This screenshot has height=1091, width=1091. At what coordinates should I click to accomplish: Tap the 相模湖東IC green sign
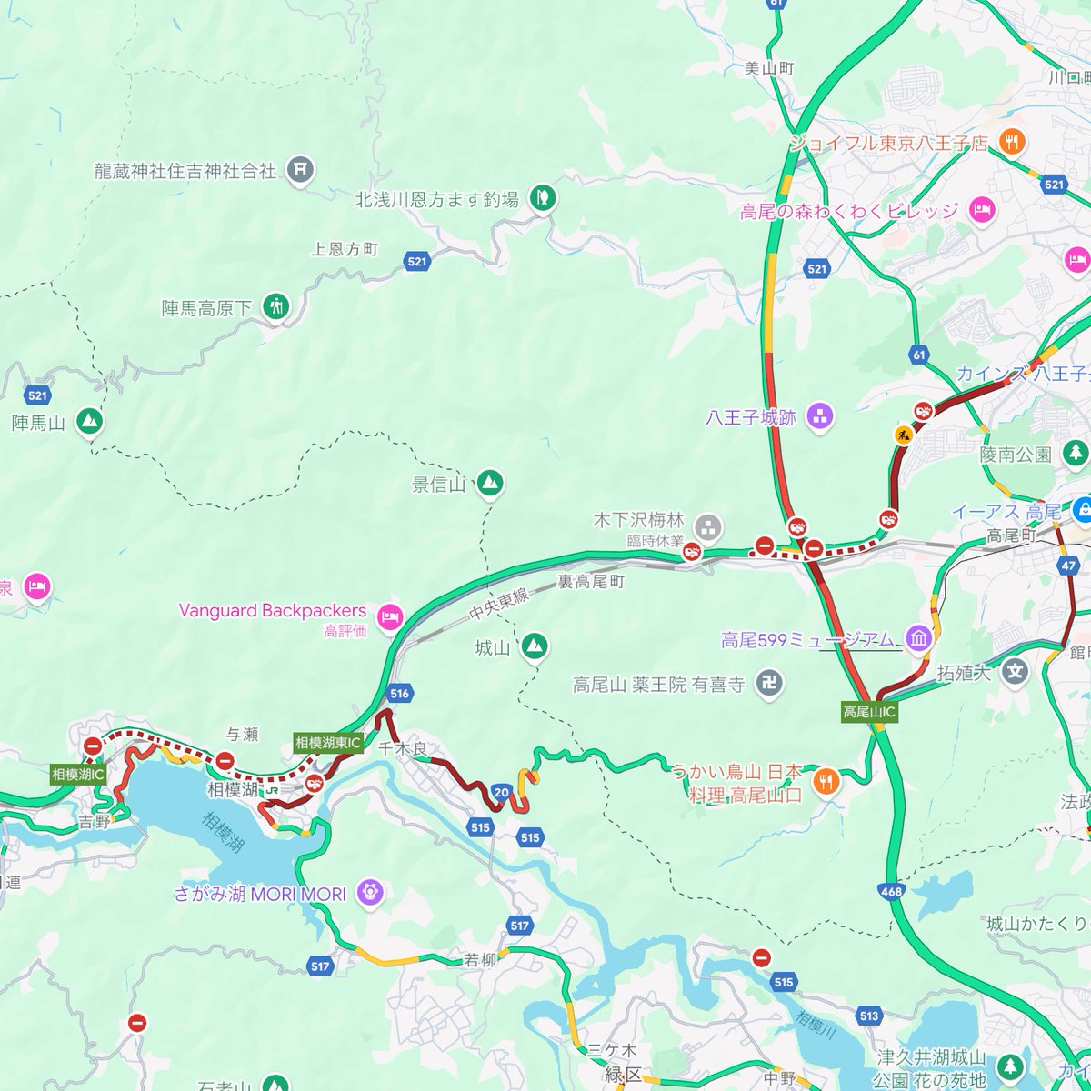328,743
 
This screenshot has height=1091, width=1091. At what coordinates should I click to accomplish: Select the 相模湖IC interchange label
78,775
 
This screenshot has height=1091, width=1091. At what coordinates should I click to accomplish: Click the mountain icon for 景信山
490,479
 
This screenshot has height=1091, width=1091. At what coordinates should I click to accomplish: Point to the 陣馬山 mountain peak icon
89,421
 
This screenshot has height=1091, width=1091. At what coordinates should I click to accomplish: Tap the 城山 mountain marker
534,646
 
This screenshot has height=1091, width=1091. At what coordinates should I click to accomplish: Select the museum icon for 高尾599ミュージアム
917,639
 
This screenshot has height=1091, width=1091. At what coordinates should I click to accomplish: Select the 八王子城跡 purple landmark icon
820,416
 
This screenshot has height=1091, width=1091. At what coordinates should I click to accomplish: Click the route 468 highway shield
891,892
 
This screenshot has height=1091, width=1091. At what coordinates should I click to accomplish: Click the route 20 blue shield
501,792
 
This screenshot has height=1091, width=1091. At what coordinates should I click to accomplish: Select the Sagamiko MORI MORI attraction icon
370,890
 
